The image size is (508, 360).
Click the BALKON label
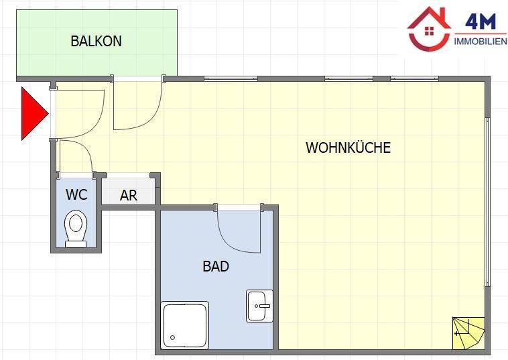click(97, 41)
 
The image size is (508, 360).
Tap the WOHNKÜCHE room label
click(348, 147)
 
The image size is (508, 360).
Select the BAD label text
click(216, 266)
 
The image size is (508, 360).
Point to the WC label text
click(77, 194)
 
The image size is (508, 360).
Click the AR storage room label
click(129, 195)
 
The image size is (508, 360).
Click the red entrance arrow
click(35, 113)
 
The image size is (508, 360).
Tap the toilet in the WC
click(76, 229)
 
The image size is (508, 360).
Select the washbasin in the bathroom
click(259, 306)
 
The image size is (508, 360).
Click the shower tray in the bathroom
click(185, 325)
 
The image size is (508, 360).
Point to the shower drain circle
click(173, 338)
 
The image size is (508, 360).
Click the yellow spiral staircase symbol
click(468, 333)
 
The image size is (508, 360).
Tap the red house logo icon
click(430, 29)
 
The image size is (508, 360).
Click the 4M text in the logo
click(481, 21)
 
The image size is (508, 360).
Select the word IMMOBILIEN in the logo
click(481, 42)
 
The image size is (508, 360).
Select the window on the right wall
click(487, 202)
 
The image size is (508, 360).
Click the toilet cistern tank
click(76, 245)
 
